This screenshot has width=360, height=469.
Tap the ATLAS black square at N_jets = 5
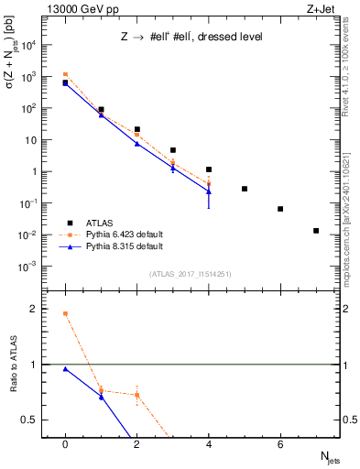245,189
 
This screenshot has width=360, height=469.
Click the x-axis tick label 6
280,444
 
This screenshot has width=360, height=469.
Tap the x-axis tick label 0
65,444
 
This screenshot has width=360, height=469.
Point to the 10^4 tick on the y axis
31,45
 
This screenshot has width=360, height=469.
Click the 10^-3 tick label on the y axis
31,267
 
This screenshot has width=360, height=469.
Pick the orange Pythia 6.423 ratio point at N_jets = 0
65,313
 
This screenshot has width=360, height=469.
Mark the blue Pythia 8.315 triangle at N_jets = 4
209,191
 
